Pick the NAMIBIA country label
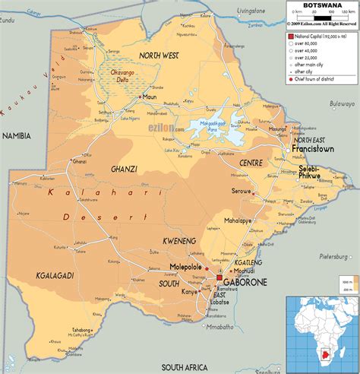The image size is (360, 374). (x=16, y=135)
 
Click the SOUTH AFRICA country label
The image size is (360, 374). (x=185, y=365)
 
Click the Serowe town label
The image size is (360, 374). (x=241, y=191)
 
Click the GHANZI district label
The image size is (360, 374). (x=123, y=168)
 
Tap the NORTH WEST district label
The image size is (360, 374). (x=158, y=55)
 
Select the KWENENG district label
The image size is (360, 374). (x=180, y=240)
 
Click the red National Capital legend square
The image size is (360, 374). (x=290, y=36)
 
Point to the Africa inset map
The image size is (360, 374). (x=321, y=332)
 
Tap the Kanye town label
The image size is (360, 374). (x=188, y=292)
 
